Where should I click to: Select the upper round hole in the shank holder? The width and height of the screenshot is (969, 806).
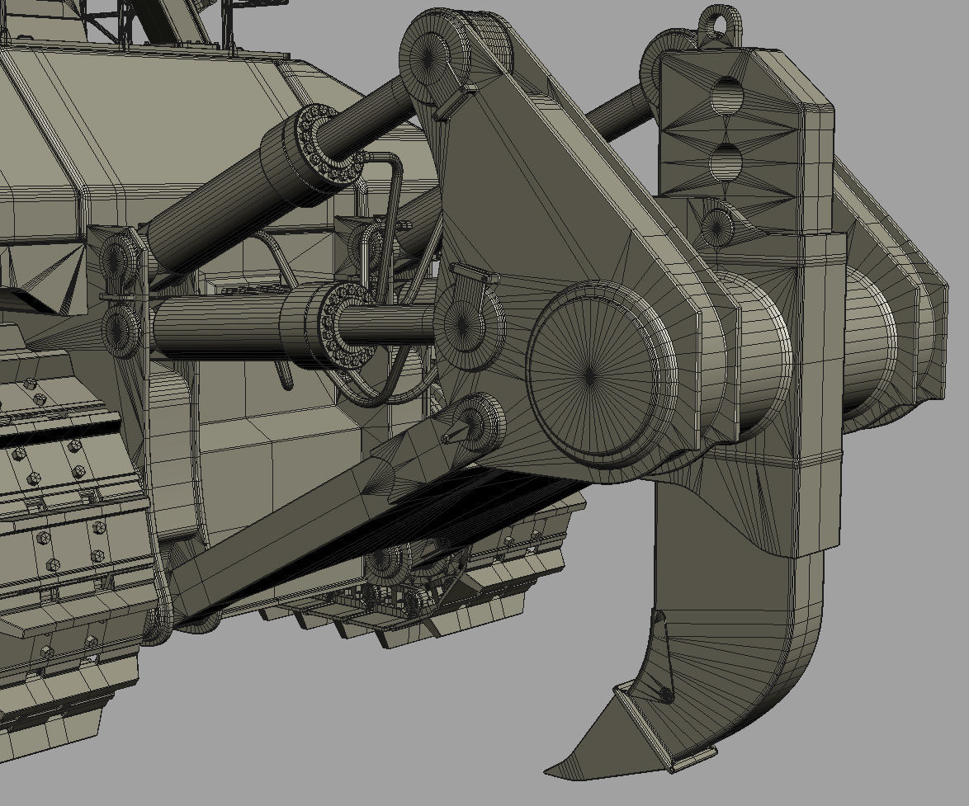click(727, 96)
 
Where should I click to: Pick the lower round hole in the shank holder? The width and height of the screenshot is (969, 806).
click(726, 160)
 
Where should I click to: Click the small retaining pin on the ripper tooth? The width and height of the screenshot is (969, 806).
click(664, 695)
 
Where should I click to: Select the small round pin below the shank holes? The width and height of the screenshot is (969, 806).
click(716, 224)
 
